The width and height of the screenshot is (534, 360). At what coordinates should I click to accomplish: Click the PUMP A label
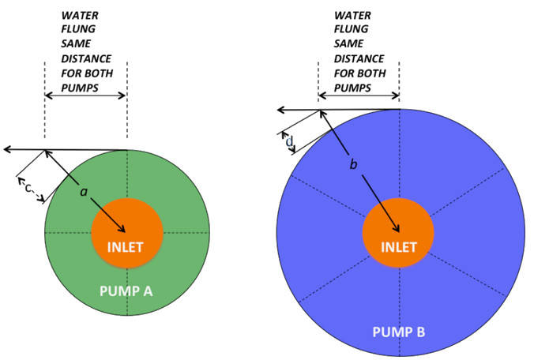(x=126, y=291)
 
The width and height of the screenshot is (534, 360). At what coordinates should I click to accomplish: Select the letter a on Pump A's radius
(x=83, y=192)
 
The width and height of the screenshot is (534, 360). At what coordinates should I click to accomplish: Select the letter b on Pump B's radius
(x=353, y=164)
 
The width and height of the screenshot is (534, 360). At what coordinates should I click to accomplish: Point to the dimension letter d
(x=289, y=141)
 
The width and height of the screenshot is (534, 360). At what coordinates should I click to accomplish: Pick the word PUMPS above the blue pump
(x=353, y=87)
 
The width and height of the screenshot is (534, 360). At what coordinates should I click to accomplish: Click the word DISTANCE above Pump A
(x=85, y=58)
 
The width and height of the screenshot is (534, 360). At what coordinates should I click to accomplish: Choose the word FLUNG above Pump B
(x=351, y=30)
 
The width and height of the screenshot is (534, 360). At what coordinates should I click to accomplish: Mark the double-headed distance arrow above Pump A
(x=85, y=96)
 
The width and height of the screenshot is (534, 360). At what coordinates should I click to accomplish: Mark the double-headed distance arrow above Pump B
(x=358, y=96)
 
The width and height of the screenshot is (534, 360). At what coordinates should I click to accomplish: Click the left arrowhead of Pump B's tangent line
(x=280, y=110)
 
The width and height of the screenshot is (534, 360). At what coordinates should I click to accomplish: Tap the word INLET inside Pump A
(x=126, y=246)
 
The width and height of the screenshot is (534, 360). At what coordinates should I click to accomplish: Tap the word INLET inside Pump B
(x=399, y=246)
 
